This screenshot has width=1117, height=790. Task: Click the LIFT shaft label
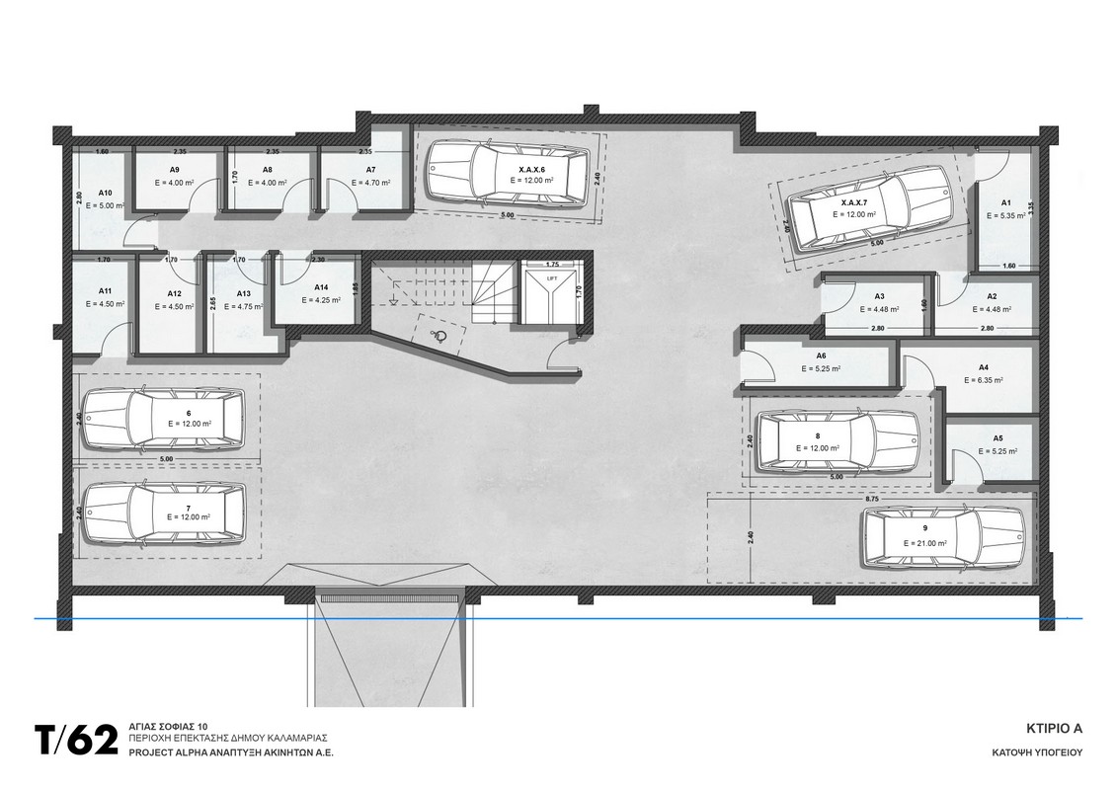coord(551,279)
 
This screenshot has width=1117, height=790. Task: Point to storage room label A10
coord(106,193)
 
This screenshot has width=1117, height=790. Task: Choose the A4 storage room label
coord(983,367)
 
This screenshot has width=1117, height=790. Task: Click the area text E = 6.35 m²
coord(983,380)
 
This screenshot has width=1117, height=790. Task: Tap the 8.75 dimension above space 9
coord(871,501)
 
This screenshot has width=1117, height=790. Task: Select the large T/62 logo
coord(76,741)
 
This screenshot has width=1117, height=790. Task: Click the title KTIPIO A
coord(1055,729)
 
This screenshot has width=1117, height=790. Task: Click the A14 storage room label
coord(321,287)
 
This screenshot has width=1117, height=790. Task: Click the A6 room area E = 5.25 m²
coord(821,369)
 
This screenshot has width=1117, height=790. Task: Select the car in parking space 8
coord(838,441)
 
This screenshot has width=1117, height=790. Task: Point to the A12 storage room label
coord(175,293)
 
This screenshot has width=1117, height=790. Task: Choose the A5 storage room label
coord(997,438)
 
